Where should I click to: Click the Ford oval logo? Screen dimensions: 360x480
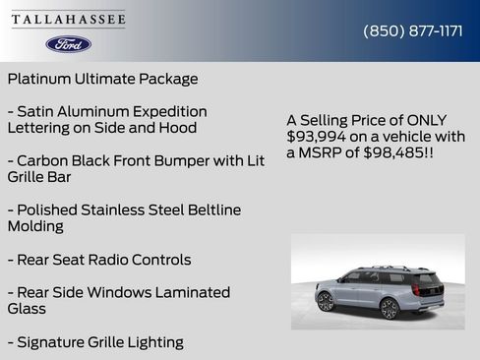(68, 44)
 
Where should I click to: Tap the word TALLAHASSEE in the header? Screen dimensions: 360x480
(69, 20)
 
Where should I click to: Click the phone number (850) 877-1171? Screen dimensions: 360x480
(413, 30)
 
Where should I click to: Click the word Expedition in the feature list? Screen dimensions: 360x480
(167, 112)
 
